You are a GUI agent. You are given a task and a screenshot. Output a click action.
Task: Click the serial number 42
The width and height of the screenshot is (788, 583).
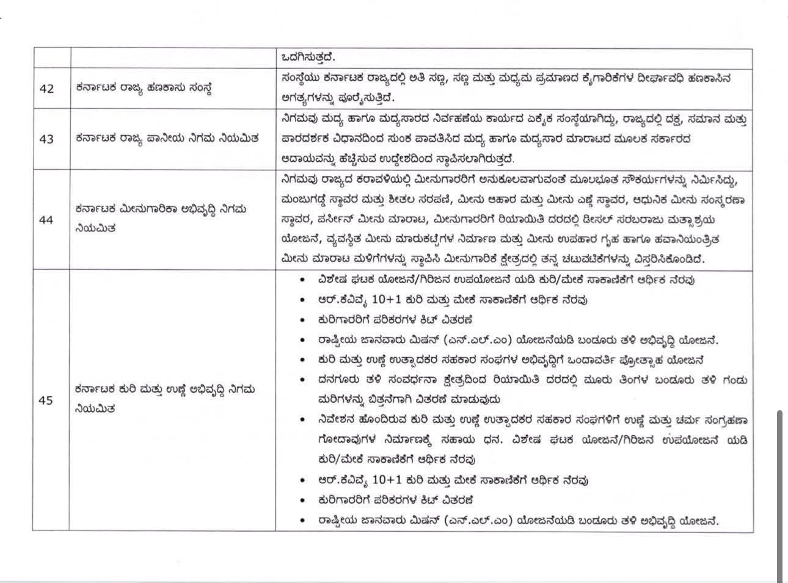[46, 88]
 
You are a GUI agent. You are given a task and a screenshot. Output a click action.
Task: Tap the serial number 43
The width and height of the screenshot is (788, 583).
[46, 139]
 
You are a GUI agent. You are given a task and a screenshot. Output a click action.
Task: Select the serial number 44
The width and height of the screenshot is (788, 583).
[46, 219]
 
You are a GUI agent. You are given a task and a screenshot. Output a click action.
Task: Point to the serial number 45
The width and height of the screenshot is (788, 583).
[46, 400]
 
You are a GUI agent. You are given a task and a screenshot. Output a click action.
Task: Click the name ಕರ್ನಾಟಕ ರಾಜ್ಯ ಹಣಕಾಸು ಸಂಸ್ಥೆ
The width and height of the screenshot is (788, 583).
[152, 88]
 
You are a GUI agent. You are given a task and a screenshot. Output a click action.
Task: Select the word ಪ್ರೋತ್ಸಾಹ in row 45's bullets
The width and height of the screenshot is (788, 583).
[640, 360]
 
